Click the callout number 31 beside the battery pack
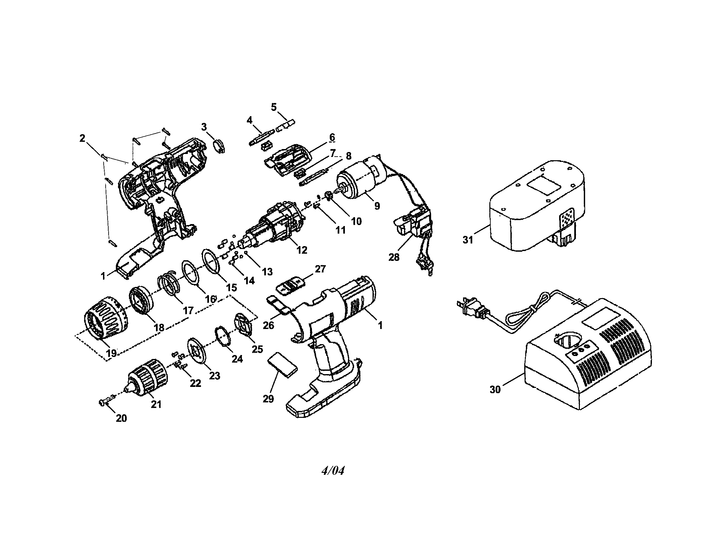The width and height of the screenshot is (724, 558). click(467, 240)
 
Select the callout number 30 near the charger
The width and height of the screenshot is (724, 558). click(495, 390)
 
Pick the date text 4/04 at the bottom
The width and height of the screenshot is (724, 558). click(333, 471)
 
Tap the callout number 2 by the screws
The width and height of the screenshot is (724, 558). click(82, 138)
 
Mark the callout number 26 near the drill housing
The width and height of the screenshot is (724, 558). click(268, 325)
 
